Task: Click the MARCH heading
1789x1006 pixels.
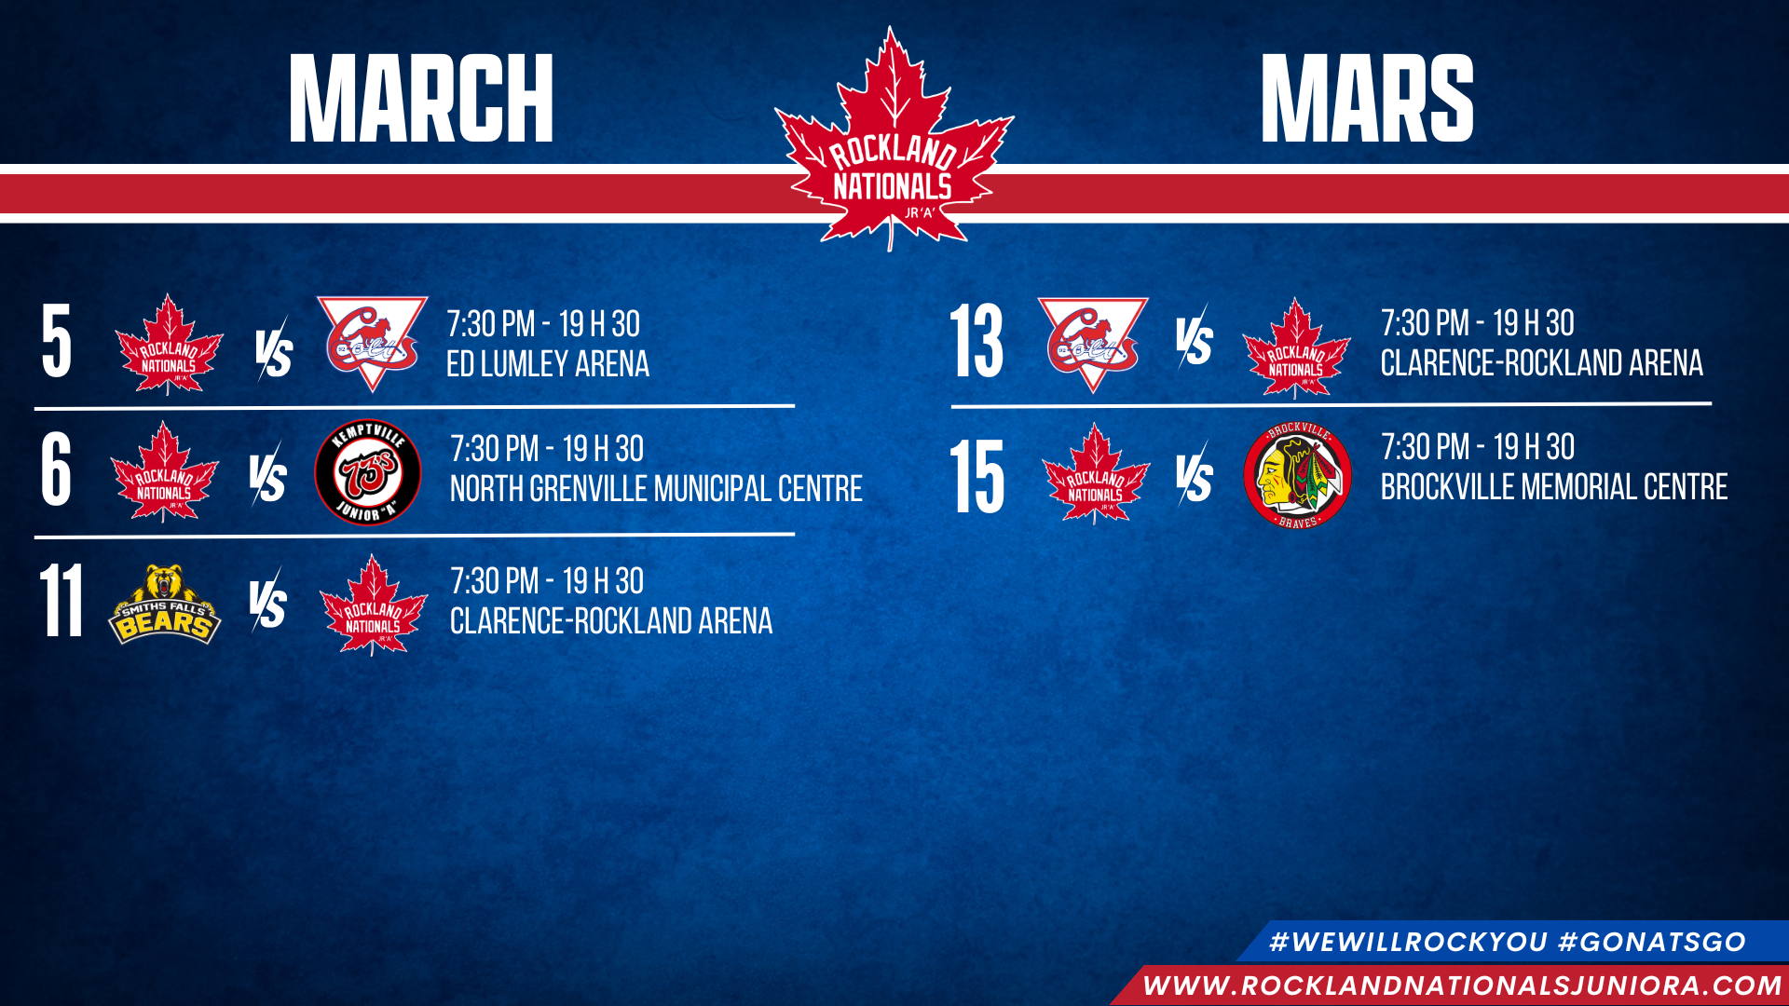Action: coord(421,98)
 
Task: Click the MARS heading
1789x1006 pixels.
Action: coord(1367,98)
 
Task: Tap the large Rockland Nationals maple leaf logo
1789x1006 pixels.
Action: coord(894,140)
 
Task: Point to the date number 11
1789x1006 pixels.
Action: coord(61,601)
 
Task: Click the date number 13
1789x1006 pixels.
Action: coord(976,341)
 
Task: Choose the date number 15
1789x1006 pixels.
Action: coord(976,477)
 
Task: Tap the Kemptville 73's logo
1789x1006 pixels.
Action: coord(368,472)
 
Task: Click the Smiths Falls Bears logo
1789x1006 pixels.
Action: coord(165,605)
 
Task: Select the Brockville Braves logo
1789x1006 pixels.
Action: coord(1298,475)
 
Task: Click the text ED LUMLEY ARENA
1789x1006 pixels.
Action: coord(548,364)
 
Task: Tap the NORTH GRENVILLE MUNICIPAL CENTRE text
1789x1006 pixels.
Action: coord(656,489)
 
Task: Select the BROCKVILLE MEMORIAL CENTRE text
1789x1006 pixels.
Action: coord(1554,487)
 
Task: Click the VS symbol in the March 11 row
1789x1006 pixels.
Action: coord(268,601)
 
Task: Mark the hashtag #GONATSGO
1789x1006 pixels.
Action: coord(1652,942)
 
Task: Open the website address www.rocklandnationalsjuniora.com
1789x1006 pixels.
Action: coord(1463,986)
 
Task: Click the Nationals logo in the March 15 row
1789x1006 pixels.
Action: coord(1096,474)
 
